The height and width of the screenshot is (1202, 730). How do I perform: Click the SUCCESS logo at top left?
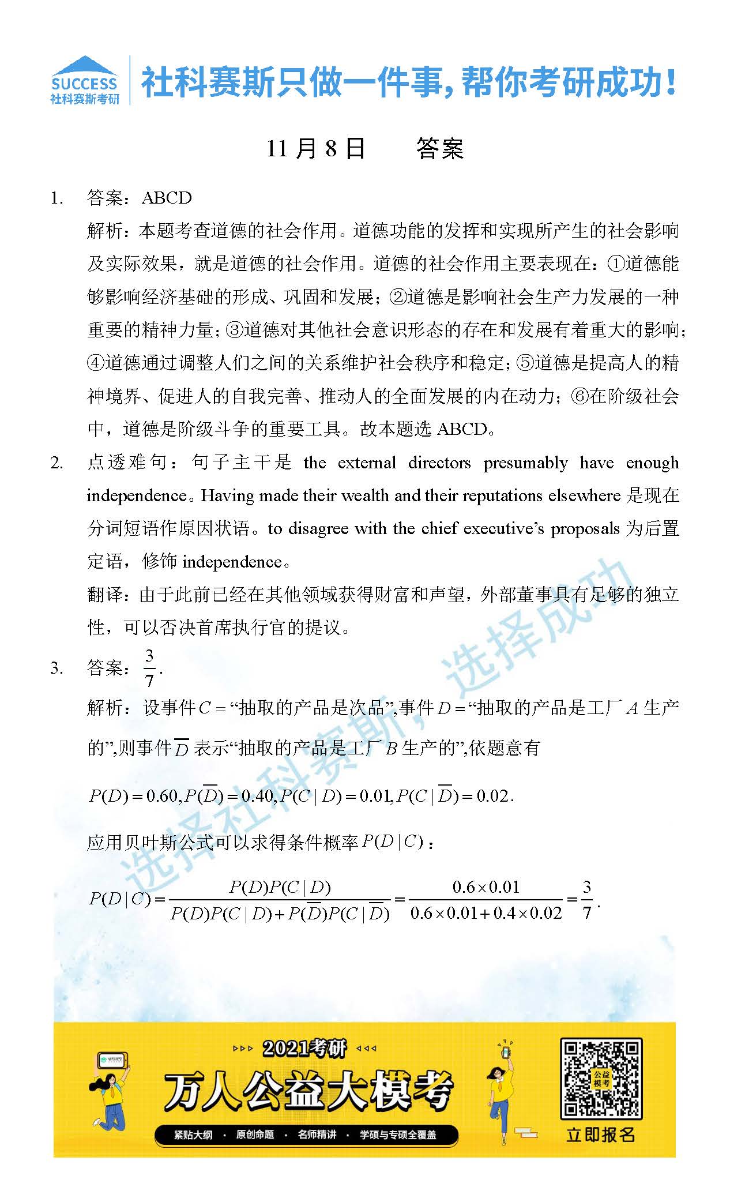click(85, 81)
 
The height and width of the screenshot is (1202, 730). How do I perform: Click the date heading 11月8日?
click(315, 149)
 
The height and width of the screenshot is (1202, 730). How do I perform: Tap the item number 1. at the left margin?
click(57, 198)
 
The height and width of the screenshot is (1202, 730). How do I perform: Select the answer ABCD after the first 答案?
click(167, 198)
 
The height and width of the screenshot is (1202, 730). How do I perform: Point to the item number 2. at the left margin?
click(57, 463)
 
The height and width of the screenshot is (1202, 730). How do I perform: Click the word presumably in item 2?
click(525, 463)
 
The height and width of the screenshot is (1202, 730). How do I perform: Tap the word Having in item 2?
click(228, 495)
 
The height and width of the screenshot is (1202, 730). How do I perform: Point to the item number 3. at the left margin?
click(57, 668)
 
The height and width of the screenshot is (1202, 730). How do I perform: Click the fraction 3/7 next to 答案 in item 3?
click(150, 668)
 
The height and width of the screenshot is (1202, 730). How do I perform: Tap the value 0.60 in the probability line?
click(162, 796)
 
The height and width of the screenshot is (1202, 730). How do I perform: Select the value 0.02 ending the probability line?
click(493, 796)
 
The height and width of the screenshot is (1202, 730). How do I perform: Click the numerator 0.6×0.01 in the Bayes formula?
click(486, 887)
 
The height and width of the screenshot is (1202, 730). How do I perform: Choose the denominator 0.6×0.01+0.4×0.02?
click(486, 913)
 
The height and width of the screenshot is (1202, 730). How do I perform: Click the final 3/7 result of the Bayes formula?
click(587, 899)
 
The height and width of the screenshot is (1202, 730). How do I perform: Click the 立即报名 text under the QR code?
click(601, 1135)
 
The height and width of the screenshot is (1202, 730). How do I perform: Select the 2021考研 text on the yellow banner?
click(304, 1047)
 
